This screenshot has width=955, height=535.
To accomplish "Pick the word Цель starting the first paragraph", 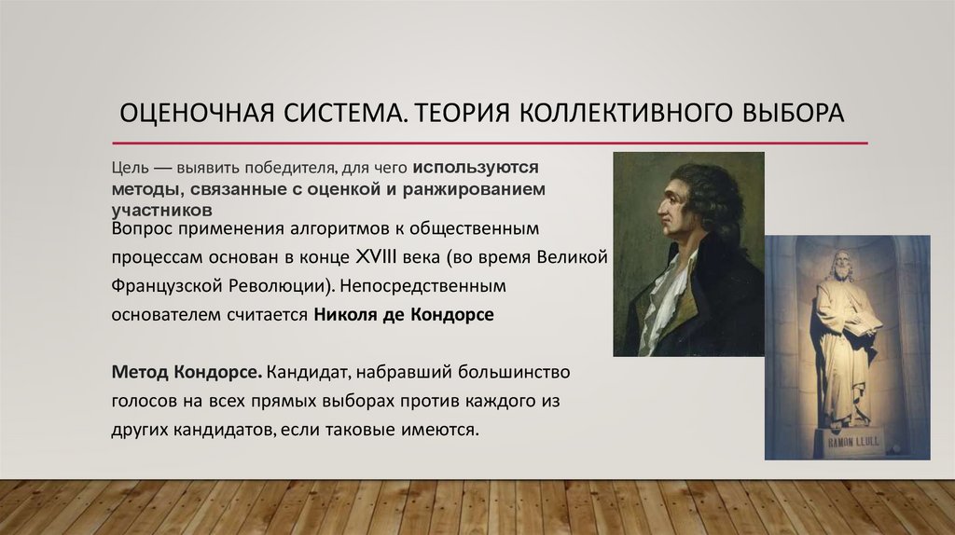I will tap(128, 168).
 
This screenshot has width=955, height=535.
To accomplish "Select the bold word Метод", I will tap(137, 373).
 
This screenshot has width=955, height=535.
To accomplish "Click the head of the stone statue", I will tap(843, 265).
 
